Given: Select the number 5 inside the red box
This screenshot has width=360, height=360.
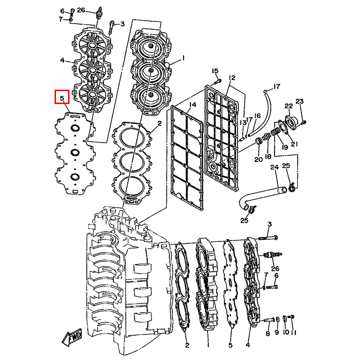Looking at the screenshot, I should [62, 98].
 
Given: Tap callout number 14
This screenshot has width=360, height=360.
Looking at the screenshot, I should [193, 105].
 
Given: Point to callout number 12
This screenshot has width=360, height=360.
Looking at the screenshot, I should [232, 78].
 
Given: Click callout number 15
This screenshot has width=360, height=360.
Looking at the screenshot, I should [215, 71].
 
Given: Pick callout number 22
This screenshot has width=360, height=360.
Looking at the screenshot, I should [289, 106].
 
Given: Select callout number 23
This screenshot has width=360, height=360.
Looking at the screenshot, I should [300, 101].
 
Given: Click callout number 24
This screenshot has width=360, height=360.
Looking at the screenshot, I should [274, 168].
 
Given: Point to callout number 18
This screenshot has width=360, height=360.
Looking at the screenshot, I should [267, 157].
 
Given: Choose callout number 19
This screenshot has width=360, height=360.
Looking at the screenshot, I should [284, 147].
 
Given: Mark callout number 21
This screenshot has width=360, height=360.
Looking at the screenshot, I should [294, 144].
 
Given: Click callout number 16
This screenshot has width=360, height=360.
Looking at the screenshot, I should [257, 116].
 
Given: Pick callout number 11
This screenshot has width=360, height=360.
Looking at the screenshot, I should [293, 333].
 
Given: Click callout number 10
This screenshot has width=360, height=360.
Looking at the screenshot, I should [285, 333].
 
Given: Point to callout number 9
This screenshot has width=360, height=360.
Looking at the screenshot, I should [277, 333].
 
